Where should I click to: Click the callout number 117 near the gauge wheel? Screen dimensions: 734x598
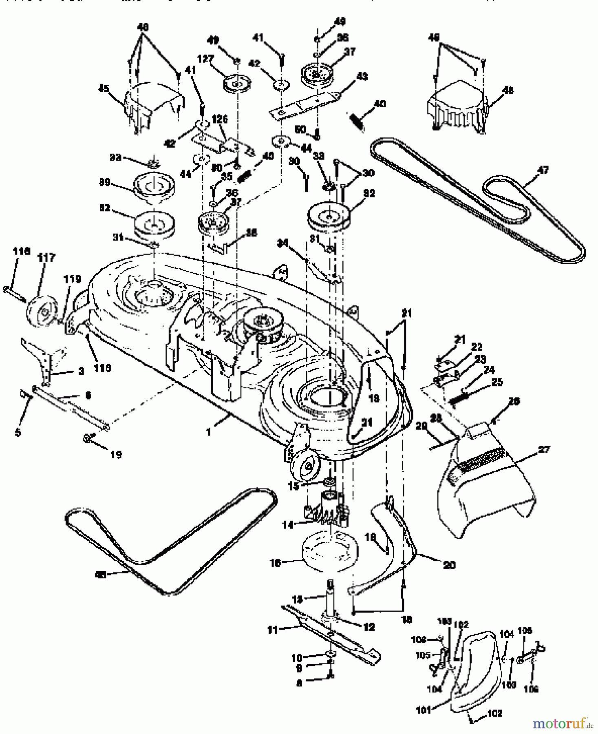pos(47,258)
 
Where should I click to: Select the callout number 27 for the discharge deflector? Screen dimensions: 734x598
pos(544,450)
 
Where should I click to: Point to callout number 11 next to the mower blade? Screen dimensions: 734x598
pos(272,630)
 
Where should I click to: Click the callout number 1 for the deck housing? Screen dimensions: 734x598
pos(209,432)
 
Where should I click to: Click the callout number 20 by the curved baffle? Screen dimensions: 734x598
pos(448,565)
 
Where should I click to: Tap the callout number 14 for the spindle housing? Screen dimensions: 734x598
pos(288,525)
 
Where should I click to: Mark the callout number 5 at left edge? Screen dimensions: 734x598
pos(18,432)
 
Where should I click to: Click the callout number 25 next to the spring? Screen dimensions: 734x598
pos(497,382)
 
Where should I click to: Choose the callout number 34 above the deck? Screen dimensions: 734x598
pos(282,243)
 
